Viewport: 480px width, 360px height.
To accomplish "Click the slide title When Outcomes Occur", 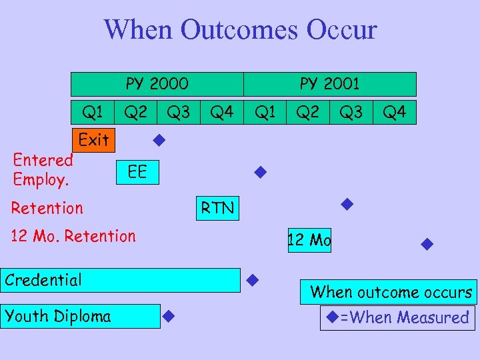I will coord(240,30).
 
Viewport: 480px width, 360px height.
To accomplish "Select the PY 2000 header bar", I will coord(157,84).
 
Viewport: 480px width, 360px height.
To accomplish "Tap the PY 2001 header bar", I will coord(329,84).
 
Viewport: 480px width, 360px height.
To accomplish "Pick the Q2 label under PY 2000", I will coord(136,112).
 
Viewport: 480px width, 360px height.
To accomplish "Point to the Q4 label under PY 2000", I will coord(222,112).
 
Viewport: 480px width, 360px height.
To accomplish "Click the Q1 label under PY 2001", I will coord(265,112).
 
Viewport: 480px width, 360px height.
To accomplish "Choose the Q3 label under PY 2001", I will coord(351,112).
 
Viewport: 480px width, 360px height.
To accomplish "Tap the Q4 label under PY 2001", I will coord(395,112).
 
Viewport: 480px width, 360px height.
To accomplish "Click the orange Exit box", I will coord(93,140).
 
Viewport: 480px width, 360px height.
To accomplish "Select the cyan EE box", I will coord(137,173).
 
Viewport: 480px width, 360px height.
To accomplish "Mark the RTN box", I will coord(218,208).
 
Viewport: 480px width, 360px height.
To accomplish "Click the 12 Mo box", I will coord(309,240).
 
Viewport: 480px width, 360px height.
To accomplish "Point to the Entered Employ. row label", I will coord(43,169).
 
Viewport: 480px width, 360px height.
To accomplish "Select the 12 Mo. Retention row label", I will coord(73,235).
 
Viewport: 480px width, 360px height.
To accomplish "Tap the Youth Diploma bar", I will coord(80,316).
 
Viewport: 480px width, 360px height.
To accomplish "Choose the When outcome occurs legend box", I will coord(390,292).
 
